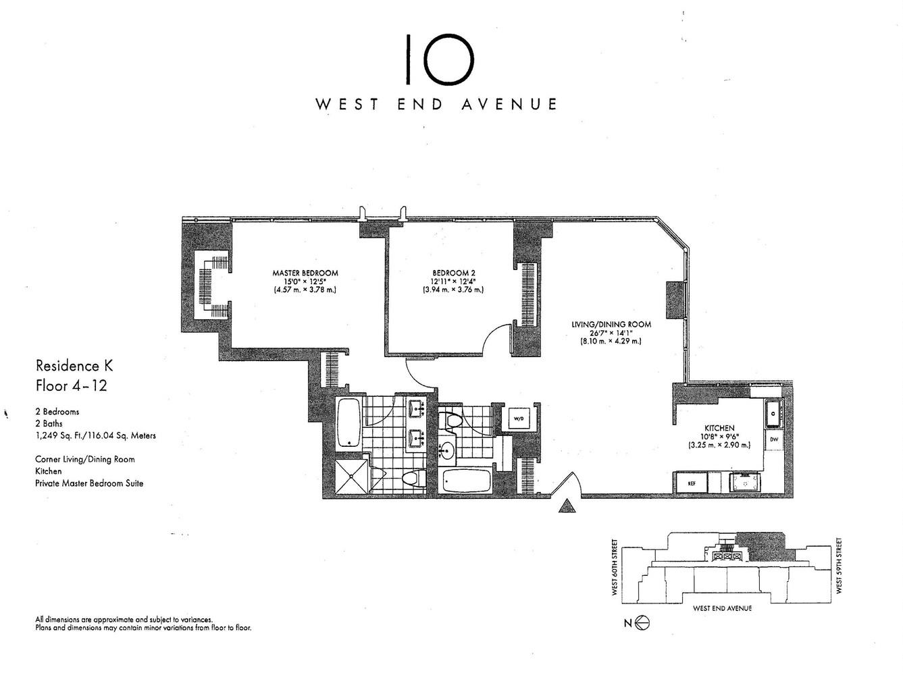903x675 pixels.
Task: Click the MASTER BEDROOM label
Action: (x=305, y=273)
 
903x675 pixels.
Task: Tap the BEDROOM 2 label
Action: (x=449, y=273)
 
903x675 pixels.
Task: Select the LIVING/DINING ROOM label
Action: (x=611, y=324)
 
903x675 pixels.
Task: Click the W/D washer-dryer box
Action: (x=519, y=418)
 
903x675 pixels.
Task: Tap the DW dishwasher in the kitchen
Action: (x=773, y=439)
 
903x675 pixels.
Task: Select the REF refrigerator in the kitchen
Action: (x=692, y=483)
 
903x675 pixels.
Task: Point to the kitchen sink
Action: (x=773, y=412)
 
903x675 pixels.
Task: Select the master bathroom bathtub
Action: (x=349, y=423)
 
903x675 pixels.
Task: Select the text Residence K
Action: (x=74, y=366)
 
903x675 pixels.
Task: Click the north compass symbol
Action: (x=642, y=624)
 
